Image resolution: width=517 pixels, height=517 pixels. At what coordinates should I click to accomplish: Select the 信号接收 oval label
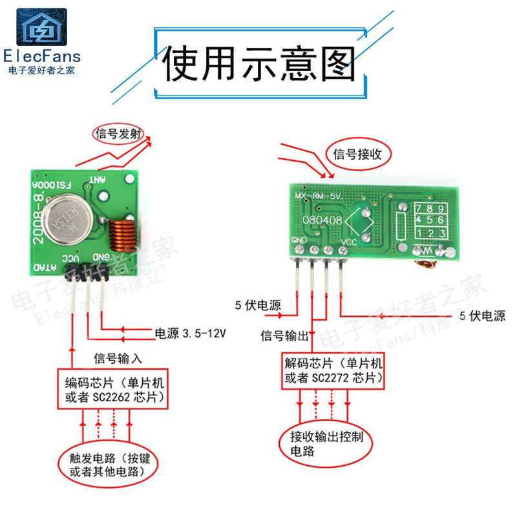(x=361, y=154)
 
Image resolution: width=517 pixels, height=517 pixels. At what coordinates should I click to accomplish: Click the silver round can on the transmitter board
(x=74, y=216)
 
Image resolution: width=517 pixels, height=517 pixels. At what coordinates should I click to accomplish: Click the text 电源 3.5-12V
(x=190, y=333)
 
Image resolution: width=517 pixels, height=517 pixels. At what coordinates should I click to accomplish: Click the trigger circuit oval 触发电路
(x=113, y=465)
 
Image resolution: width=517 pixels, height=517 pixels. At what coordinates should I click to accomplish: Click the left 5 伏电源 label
(x=258, y=305)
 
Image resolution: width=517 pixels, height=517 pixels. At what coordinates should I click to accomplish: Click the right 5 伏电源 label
(x=482, y=316)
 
